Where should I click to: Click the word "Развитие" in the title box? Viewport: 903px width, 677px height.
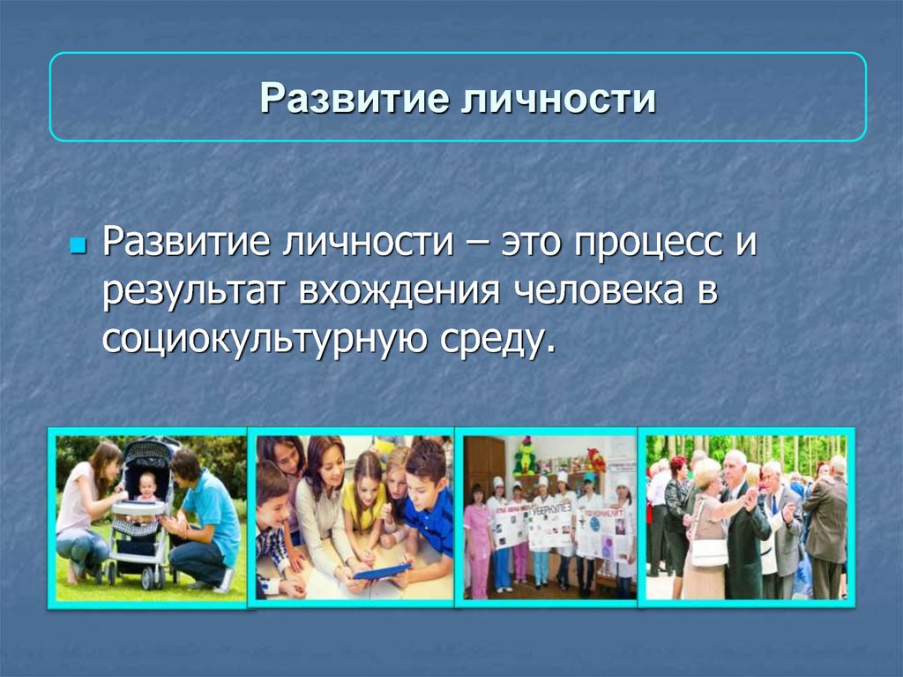pyautogui.click(x=354, y=98)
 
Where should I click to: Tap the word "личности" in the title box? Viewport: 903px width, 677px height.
pyautogui.click(x=558, y=98)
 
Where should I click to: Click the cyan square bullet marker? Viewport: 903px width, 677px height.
pyautogui.click(x=78, y=246)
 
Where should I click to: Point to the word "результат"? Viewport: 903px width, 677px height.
pyautogui.click(x=193, y=291)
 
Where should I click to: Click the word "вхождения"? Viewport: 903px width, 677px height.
pyautogui.click(x=399, y=290)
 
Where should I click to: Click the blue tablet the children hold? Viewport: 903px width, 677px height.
pyautogui.click(x=382, y=571)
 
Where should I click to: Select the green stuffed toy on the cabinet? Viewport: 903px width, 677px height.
pyautogui.click(x=526, y=455)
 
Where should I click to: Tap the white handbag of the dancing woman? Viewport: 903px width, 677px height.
pyautogui.click(x=709, y=552)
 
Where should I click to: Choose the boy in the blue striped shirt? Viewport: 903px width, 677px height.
pyautogui.click(x=430, y=501)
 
